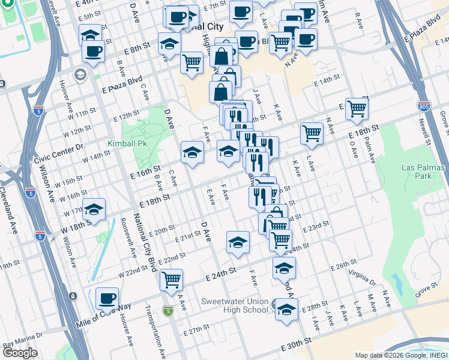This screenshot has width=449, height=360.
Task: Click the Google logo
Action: point(20,353)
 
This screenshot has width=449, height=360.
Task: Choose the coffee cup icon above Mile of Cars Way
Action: point(107,298)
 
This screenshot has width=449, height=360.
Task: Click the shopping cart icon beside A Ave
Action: point(172,279)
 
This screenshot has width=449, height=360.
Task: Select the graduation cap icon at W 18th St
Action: point(94,209)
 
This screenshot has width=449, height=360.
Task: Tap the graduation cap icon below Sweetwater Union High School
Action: point(286,309)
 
